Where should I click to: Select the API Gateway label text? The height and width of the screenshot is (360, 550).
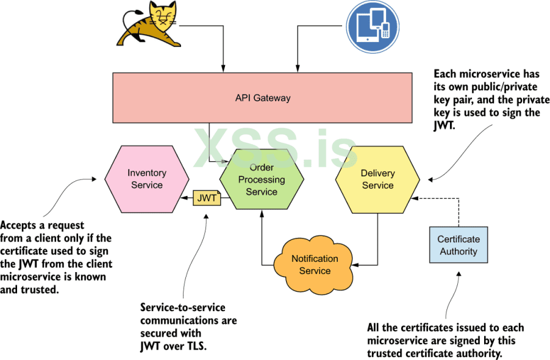point(263,98)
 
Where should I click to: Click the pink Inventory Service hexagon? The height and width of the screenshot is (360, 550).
point(146,178)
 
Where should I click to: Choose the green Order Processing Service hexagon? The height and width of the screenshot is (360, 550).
point(262,180)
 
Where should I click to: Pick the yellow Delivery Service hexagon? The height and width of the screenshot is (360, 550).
point(377,179)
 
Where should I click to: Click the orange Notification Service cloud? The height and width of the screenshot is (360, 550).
point(315,264)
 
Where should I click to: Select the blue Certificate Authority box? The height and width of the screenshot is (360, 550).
point(458,245)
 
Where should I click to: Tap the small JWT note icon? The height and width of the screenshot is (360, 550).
point(207,198)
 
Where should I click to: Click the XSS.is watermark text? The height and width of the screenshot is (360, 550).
point(275,147)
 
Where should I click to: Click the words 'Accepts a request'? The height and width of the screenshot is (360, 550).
point(42,225)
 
